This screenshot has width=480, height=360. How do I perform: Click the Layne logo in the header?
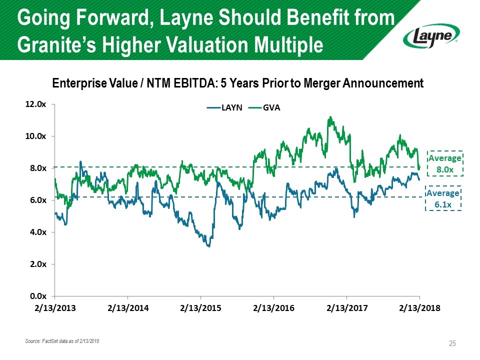click(431, 35)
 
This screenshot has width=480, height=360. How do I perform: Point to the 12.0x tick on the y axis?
click(36, 104)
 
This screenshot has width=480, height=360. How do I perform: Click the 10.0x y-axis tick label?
click(36, 136)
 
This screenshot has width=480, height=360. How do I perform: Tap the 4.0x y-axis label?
click(38, 232)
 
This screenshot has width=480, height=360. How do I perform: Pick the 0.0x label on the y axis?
click(38, 296)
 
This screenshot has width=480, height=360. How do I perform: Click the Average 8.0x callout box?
click(445, 163)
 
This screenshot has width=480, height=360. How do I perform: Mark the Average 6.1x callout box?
click(442, 198)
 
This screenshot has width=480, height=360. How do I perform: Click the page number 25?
click(452, 343)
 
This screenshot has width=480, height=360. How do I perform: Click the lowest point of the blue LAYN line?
click(208, 246)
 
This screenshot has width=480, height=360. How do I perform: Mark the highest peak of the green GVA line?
click(330, 117)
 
